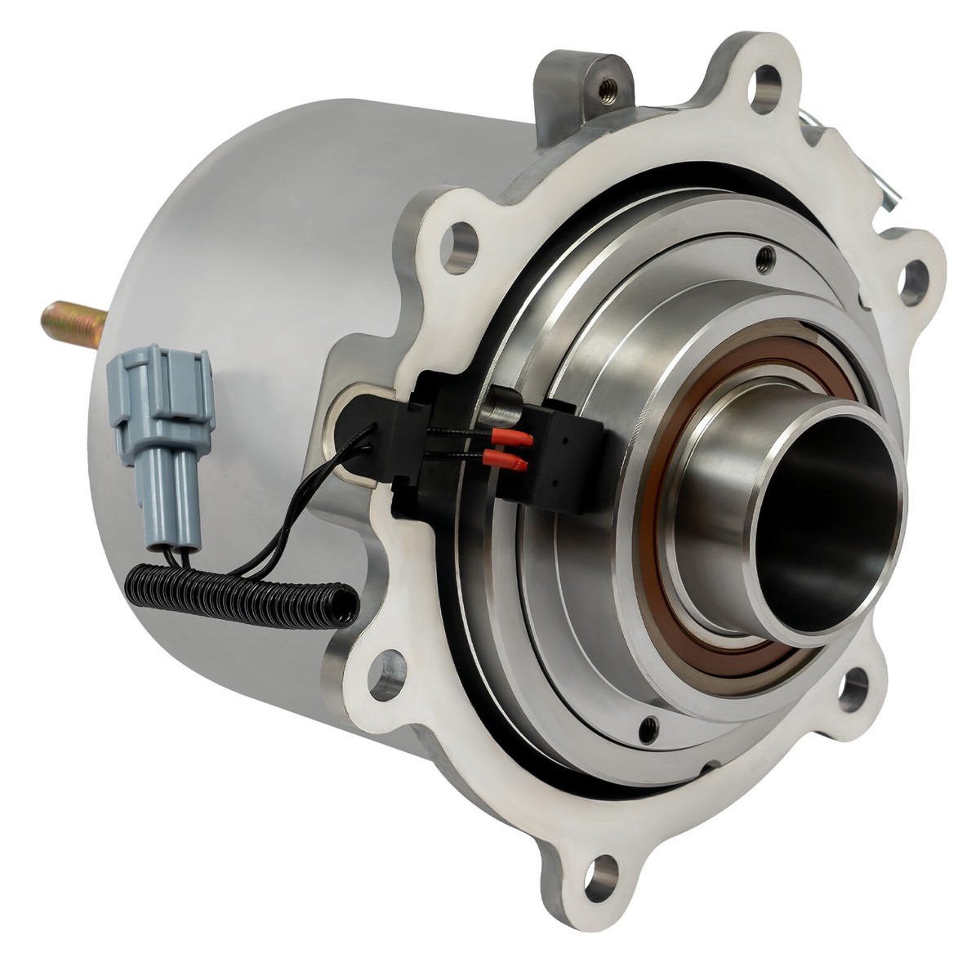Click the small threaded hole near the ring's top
[764, 260]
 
